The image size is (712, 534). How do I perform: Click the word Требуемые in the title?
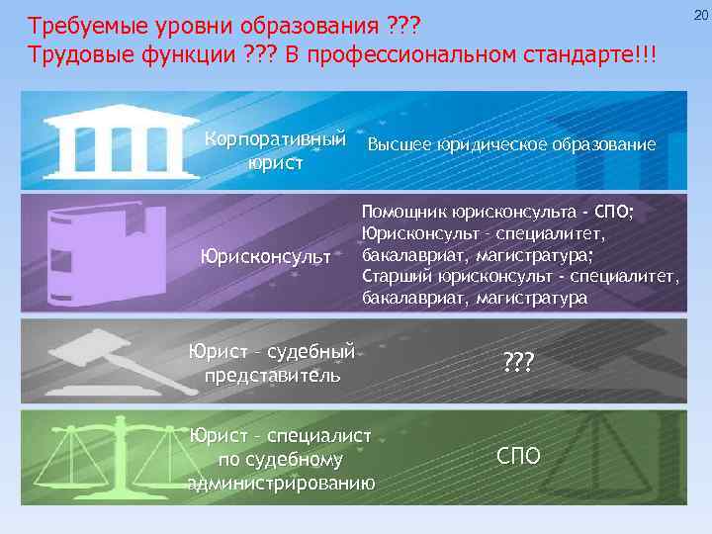click(x=76, y=23)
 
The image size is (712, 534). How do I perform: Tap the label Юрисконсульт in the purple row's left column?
click(x=266, y=257)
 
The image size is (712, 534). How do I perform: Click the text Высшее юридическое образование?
click(x=511, y=144)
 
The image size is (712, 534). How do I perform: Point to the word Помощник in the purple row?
click(x=404, y=213)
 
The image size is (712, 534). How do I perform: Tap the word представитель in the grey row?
click(x=272, y=375)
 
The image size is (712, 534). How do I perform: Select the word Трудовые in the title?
click(x=73, y=51)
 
